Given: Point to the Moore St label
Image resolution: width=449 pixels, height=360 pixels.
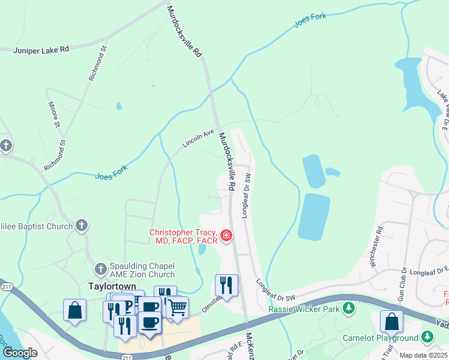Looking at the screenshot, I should click(54, 115).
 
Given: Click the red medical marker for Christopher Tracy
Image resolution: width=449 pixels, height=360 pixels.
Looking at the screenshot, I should click(226, 236).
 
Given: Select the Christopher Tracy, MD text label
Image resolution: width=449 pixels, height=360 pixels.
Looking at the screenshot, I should click(184, 236).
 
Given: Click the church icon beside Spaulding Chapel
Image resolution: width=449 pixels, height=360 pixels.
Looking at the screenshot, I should click(101, 266).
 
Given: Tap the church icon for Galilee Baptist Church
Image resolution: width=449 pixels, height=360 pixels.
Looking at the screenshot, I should click(82, 226).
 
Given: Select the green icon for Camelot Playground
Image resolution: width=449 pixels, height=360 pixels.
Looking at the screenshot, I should click(427, 337).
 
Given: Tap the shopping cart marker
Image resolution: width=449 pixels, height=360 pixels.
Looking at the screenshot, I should click(176, 307).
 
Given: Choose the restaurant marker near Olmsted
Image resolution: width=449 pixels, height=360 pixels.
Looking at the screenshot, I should click(226, 285).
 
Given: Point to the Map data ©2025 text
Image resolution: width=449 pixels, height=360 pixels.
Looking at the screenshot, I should click(423, 355).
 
